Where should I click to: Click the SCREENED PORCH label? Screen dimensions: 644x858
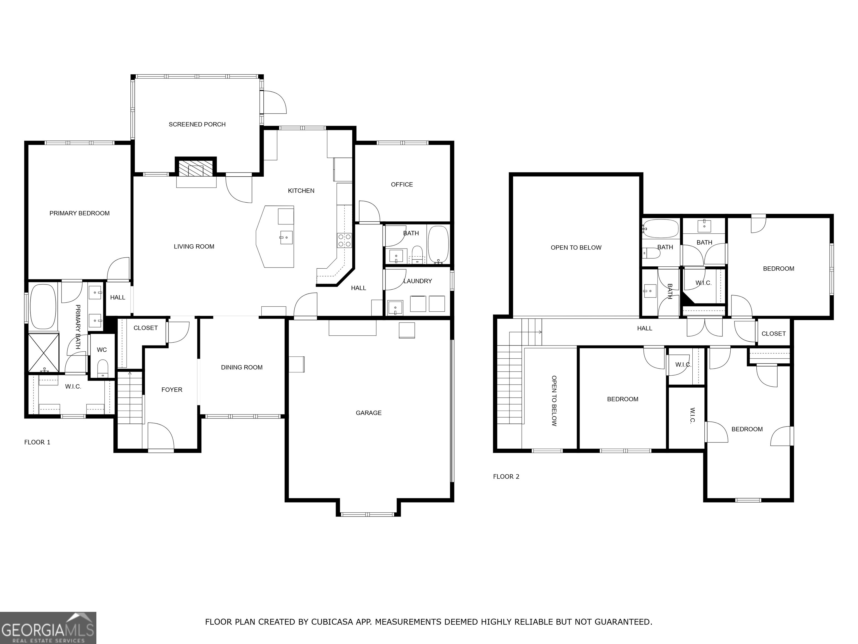click(197, 124)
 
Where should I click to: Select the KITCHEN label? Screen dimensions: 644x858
click(301, 191)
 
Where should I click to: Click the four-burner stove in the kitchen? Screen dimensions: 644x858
click(344, 240)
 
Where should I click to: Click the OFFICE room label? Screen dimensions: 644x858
click(402, 184)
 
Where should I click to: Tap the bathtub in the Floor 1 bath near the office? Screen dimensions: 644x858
click(438, 245)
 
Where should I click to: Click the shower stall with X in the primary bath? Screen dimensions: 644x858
click(44, 353)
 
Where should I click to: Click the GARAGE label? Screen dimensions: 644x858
click(368, 413)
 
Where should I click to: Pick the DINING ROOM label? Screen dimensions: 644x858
click(242, 367)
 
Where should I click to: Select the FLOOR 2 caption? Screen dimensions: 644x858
click(506, 476)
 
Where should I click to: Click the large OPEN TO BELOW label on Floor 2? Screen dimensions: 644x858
click(576, 248)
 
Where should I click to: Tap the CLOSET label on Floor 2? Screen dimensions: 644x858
click(773, 333)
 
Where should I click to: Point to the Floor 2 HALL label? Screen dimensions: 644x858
click(645, 328)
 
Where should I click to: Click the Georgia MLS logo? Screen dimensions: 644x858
click(48, 628)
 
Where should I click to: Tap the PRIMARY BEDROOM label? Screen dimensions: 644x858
click(80, 213)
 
